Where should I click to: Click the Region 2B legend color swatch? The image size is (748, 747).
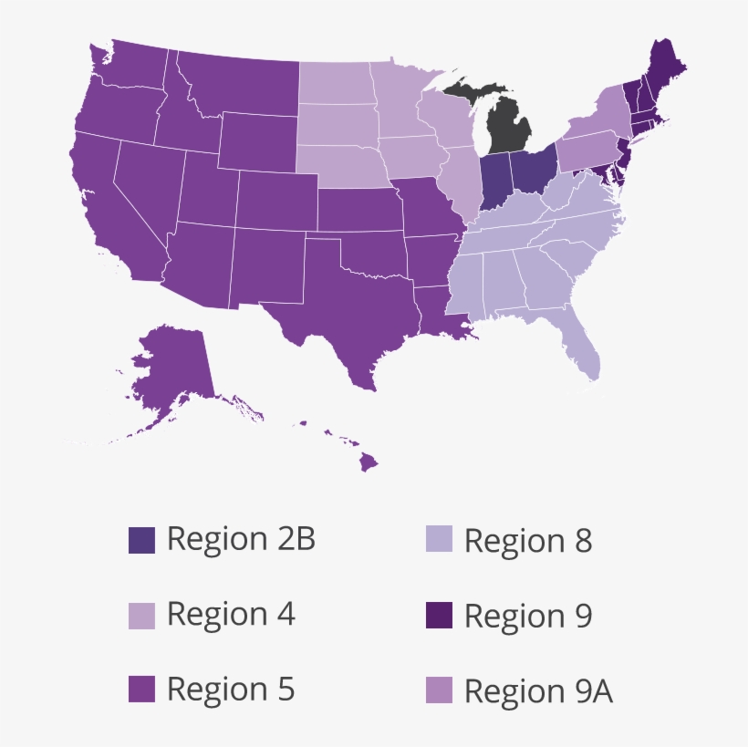(141, 540)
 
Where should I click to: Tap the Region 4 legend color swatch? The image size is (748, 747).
(141, 616)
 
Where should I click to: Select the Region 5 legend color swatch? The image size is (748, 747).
(141, 690)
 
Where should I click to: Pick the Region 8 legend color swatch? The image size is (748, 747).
(439, 540)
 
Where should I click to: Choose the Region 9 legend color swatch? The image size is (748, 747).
(439, 616)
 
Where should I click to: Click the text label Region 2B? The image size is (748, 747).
(241, 539)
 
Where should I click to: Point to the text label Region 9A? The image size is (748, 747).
(538, 691)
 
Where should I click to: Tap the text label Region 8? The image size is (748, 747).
(528, 541)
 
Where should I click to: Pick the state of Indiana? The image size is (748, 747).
(493, 180)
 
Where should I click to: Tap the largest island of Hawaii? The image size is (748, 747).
(367, 462)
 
